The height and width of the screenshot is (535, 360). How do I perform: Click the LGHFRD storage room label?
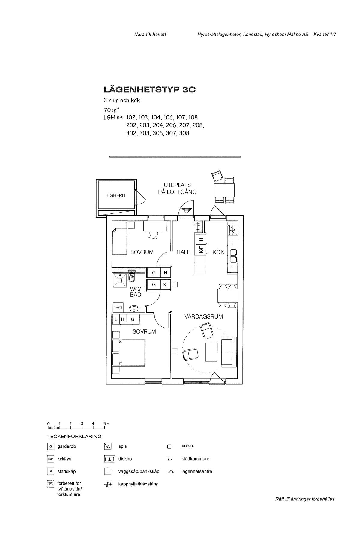click(x=116, y=195)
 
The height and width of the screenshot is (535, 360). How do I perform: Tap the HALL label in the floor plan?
click(x=183, y=252)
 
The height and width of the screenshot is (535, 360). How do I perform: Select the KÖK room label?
click(x=218, y=252)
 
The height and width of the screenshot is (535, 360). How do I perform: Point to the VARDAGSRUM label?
click(x=204, y=316)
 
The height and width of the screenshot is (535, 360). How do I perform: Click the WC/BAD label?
click(x=136, y=292)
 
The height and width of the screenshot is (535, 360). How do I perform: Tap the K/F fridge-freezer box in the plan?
click(x=201, y=249)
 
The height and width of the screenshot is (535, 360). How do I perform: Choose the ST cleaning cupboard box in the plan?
click(x=166, y=284)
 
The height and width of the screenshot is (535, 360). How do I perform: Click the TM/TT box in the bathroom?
click(x=118, y=308)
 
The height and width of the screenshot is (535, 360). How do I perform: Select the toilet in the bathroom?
click(x=131, y=277)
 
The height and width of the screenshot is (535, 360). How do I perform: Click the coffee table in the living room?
click(x=211, y=352)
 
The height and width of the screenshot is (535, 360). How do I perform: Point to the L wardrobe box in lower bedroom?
click(x=116, y=319)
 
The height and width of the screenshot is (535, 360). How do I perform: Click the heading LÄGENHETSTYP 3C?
click(x=149, y=90)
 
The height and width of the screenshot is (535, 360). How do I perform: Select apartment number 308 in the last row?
click(x=184, y=133)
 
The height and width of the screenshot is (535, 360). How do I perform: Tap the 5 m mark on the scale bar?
click(x=105, y=424)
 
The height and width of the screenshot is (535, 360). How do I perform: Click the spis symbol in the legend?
click(x=108, y=446)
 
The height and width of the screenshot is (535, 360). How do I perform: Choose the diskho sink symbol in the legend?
click(x=109, y=459)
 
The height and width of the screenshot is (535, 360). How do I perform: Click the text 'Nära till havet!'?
click(x=150, y=35)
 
